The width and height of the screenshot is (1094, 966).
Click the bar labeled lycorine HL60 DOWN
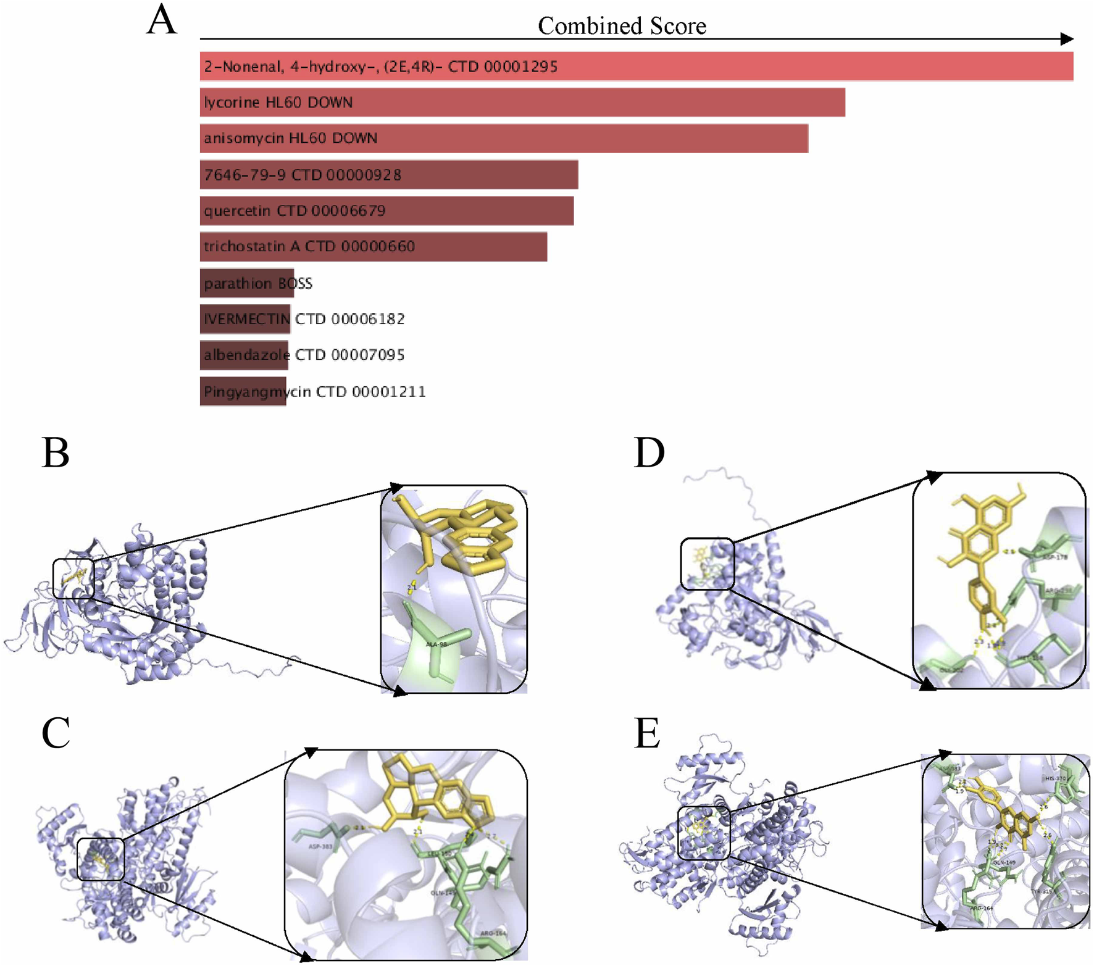click(522, 102)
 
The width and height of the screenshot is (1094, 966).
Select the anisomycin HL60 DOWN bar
click(503, 138)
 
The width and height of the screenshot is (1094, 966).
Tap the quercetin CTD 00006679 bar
click(386, 211)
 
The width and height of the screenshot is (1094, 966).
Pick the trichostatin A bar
click(373, 247)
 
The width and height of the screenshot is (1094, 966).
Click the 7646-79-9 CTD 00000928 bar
click(389, 175)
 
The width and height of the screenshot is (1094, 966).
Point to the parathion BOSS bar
click(246, 283)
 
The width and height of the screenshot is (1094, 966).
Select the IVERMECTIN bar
click(245, 319)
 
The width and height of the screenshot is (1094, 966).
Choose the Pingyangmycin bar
click(243, 391)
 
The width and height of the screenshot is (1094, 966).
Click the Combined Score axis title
click(622, 26)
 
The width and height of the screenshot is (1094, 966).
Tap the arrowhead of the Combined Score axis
click(1067, 39)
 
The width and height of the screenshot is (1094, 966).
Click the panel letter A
click(162, 20)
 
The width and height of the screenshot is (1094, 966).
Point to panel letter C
click(56, 733)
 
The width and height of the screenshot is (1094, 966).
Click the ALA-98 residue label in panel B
click(436, 644)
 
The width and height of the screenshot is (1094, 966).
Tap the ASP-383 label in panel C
click(320, 846)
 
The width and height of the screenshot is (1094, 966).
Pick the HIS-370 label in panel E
click(1055, 779)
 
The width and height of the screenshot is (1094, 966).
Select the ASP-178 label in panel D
click(1054, 557)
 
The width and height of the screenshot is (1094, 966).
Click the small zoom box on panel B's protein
click(73, 579)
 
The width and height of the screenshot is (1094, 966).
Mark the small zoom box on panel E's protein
click(704, 833)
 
